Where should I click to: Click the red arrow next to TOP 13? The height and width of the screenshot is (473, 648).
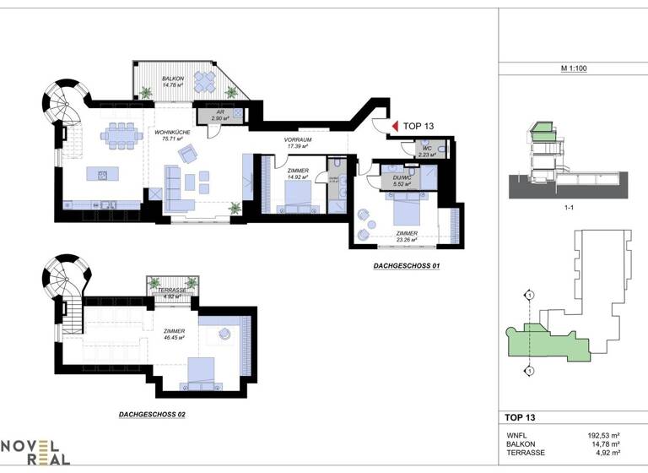pyautogui.click(x=394, y=126)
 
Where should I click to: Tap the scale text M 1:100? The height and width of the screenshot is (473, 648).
pyautogui.click(x=573, y=67)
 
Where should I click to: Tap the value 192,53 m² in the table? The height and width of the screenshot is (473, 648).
pyautogui.click(x=603, y=435)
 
